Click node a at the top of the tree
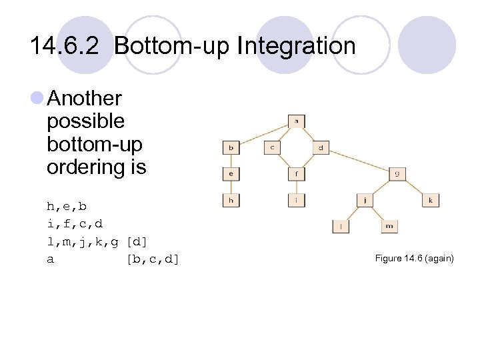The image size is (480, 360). (297, 121)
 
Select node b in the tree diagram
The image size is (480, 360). (231, 147)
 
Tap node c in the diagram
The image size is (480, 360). (273, 147)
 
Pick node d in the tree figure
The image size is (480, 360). (321, 147)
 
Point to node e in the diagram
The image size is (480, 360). (231, 173)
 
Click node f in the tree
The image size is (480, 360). (297, 173)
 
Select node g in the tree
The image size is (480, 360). (397, 173)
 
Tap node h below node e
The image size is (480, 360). (231, 199)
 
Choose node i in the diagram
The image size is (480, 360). (297, 199)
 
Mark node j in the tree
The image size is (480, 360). (365, 199)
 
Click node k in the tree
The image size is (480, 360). (431, 199)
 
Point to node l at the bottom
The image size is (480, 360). (341, 226)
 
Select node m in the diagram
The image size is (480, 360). (389, 226)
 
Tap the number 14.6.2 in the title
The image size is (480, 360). (67, 46)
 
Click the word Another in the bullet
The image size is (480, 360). (85, 99)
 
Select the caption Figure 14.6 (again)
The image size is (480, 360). (414, 257)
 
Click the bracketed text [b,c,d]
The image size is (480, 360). (153, 259)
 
